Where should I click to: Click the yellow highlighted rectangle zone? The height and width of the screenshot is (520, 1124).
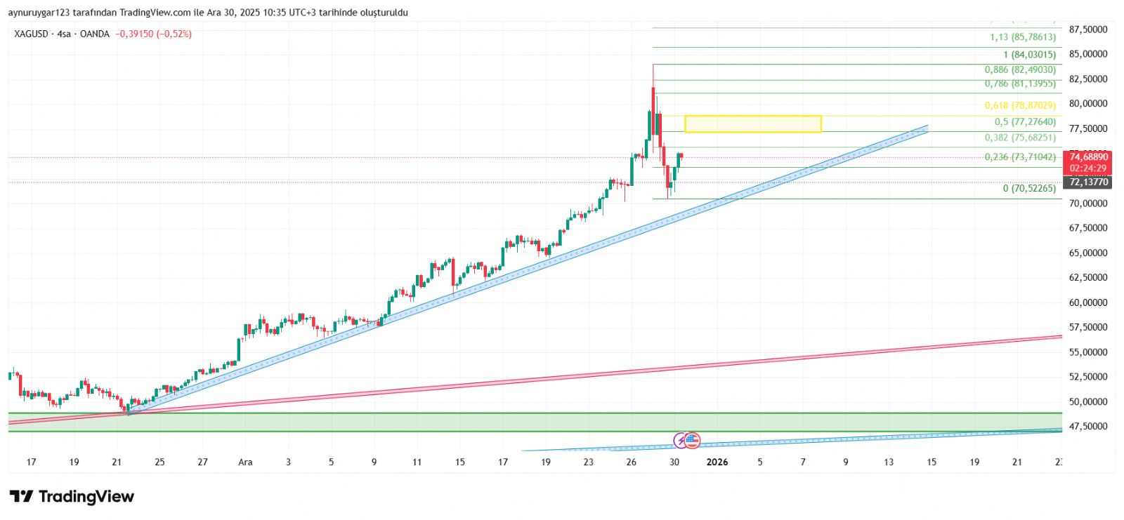click(752, 124)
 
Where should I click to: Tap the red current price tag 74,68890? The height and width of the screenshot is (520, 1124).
click(1088, 157)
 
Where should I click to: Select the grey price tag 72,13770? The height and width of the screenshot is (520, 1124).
click(1088, 182)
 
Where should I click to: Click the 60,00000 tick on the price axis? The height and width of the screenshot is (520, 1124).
click(1088, 302)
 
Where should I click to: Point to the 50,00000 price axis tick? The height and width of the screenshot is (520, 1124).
click(1088, 402)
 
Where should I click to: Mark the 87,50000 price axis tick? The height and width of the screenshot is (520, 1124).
click(1088, 29)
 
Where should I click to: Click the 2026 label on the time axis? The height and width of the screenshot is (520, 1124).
click(717, 462)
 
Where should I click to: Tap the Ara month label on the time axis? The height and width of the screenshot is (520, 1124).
click(245, 462)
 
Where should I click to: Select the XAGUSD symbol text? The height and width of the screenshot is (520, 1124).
click(31, 34)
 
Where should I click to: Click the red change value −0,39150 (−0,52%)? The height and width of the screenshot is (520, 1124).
click(153, 34)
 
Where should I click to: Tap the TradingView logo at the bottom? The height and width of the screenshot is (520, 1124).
click(72, 497)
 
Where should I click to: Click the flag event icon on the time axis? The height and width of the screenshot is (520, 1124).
click(692, 441)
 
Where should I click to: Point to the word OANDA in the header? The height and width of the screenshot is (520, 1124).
click(94, 34)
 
